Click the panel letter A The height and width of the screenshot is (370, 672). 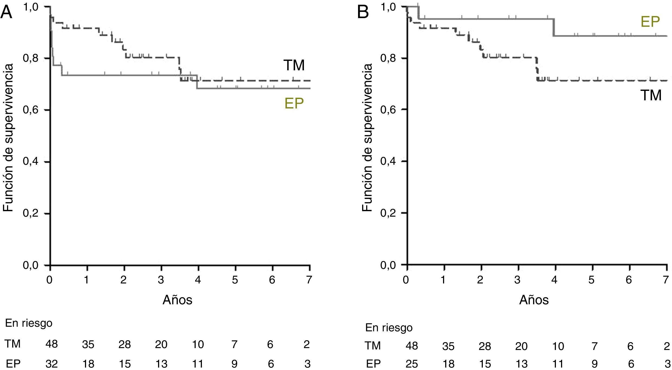[x=6, y=12]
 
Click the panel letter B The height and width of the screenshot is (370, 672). [x=363, y=12]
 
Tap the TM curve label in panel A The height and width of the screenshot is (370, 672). [x=294, y=65]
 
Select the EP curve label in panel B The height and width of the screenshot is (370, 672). [x=650, y=22]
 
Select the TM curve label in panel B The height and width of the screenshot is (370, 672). [x=651, y=95]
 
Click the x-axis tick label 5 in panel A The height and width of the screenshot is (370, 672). [x=235, y=280]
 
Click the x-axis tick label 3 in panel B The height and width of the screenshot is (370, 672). [x=517, y=280]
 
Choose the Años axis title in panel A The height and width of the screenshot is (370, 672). [x=177, y=300]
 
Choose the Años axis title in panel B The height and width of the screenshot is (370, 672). [x=534, y=300]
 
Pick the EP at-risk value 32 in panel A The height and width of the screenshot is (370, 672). [x=52, y=364]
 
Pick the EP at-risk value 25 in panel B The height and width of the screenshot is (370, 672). [x=411, y=364]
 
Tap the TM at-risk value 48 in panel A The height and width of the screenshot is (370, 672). [x=52, y=344]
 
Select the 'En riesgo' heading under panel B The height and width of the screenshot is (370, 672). [x=389, y=328]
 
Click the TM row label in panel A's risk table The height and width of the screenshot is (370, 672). [x=13, y=344]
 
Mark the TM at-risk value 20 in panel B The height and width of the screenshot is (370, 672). [x=521, y=346]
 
